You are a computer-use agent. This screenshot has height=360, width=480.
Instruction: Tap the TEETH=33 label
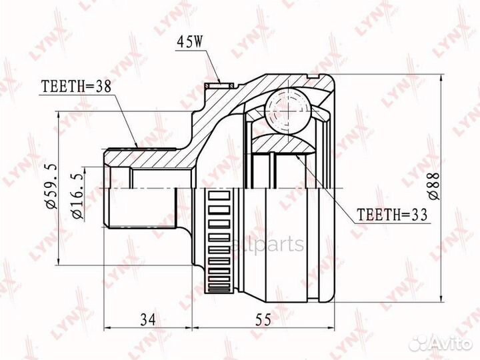click(x=391, y=215)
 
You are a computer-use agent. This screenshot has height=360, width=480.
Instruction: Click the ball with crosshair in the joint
click(x=286, y=109)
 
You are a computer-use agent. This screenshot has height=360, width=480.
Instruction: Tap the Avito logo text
click(x=449, y=343)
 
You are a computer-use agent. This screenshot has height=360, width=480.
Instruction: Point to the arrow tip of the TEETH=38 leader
click(x=136, y=146)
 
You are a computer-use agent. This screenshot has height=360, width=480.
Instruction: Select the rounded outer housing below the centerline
click(x=293, y=253)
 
